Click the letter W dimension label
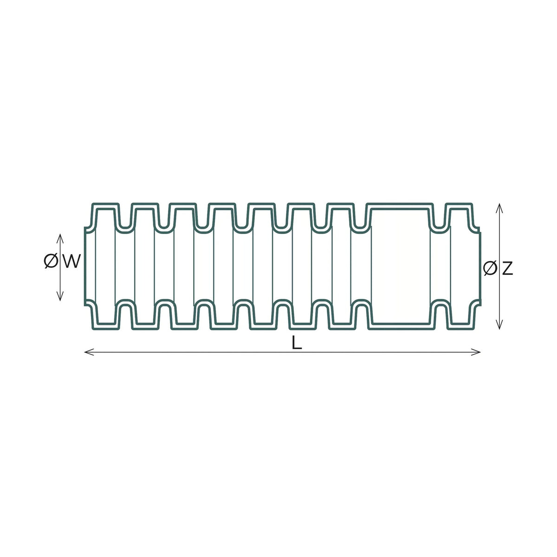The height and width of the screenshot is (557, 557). click(x=71, y=261)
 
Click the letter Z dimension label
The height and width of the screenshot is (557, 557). click(x=507, y=268)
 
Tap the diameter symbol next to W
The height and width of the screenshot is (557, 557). click(x=51, y=262)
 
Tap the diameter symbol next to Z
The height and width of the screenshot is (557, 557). click(x=490, y=268)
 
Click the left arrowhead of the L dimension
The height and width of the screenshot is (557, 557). click(x=89, y=352)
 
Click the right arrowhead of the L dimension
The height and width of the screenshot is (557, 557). click(x=476, y=352)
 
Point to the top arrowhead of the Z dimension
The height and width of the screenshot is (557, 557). click(x=499, y=208)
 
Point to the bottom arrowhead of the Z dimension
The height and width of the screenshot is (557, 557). click(x=499, y=324)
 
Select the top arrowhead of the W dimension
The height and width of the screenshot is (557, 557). click(x=60, y=239)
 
